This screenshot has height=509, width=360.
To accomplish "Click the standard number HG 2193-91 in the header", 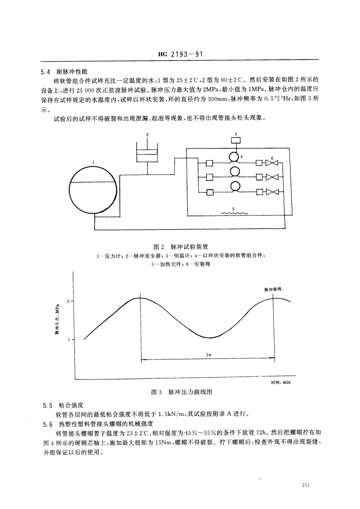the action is pos(180,55).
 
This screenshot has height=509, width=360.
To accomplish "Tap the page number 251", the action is pos(307,486).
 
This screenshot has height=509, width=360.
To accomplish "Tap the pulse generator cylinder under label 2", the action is pos(147,152).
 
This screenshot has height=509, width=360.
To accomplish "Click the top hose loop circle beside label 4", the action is pos(235,156).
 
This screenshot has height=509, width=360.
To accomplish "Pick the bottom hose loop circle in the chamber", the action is pos(235,186).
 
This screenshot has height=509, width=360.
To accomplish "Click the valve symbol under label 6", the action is pos(272,163).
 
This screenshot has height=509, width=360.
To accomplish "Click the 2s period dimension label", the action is pos(208,354).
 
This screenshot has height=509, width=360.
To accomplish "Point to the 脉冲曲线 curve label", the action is pos(273,289).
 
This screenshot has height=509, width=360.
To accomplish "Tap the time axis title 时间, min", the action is pos(281,382).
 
